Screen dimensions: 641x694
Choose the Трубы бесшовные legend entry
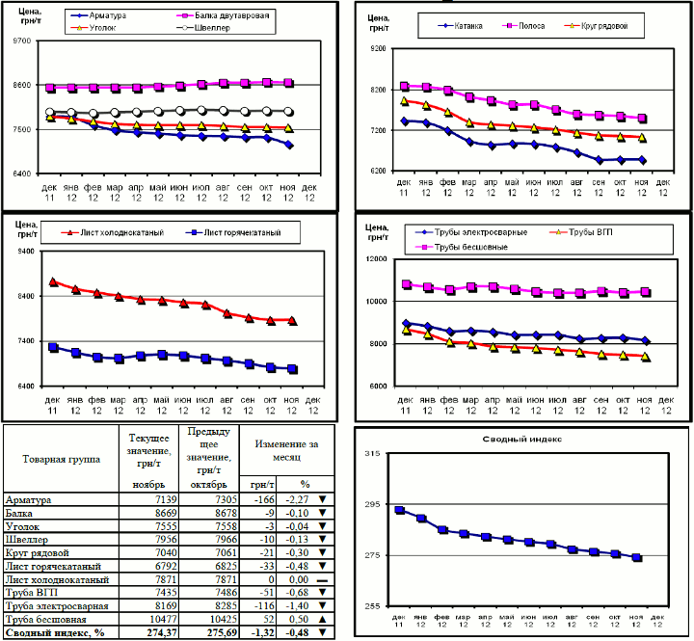476,247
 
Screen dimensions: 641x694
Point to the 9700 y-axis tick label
19,41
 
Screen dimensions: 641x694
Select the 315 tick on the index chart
370,453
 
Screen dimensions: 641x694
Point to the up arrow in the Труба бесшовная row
320,618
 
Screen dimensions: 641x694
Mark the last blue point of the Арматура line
289,146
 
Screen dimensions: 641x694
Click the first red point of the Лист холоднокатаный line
53,282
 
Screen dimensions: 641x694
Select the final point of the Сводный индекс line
636,558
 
